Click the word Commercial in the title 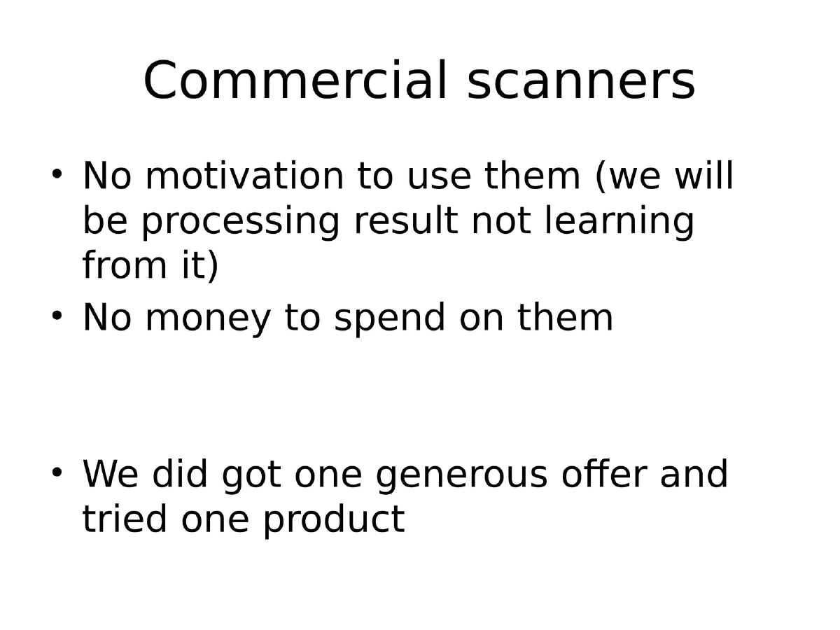tap(295, 81)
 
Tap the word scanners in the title tap(581, 81)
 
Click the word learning tap(620, 223)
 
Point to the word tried tap(125, 519)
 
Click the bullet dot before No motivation tap(58, 172)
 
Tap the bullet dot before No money tap(58, 315)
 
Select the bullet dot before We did tap(58, 471)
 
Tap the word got tap(251, 475)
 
